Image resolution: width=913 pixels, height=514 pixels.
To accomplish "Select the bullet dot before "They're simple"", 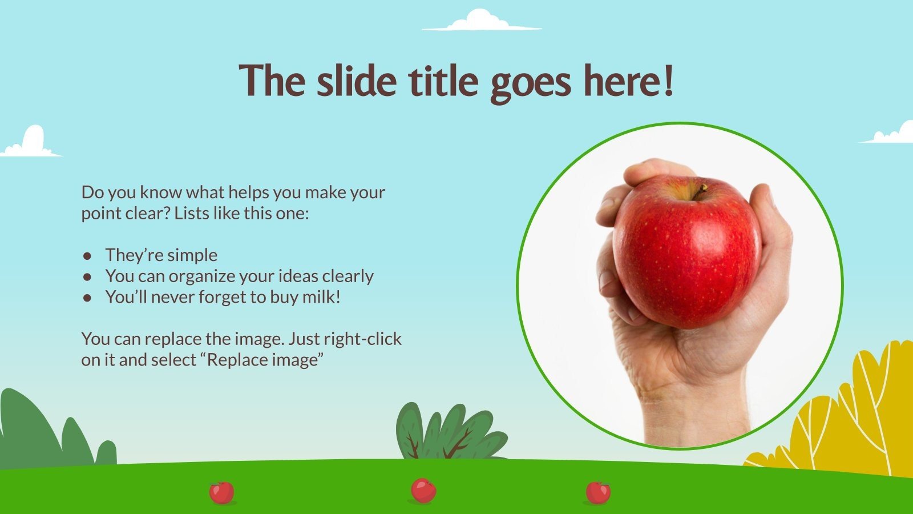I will [87, 255].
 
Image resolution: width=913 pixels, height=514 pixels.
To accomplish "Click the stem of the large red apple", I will [699, 191].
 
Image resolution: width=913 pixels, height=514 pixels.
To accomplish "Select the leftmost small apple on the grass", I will [221, 492].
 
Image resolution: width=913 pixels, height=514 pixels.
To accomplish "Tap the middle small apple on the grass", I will [423, 491].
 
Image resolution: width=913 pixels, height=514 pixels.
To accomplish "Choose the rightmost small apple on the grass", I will [597, 492].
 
